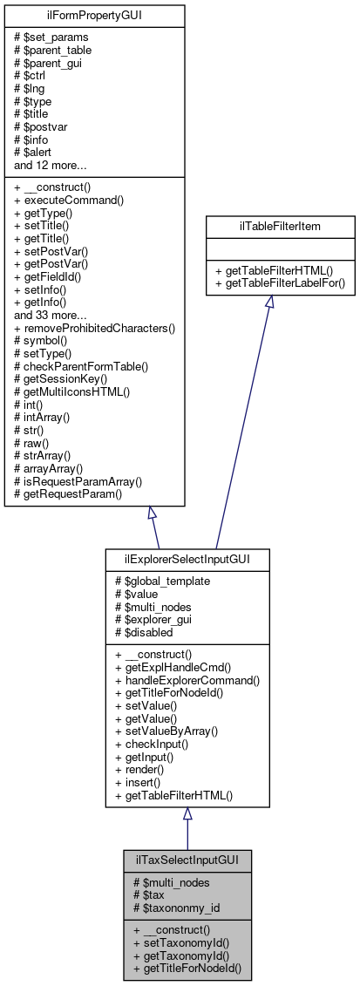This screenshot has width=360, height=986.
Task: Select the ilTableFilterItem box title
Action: pos(280,226)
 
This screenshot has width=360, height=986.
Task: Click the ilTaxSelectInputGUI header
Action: pos(187,860)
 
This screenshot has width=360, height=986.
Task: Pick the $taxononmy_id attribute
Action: pos(167,908)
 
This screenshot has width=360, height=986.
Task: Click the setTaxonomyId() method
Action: pos(173,942)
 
